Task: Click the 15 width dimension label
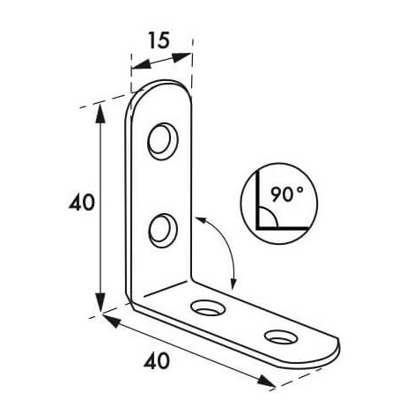(x=159, y=41)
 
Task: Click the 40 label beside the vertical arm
(x=82, y=203)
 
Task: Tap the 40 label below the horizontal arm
(x=157, y=361)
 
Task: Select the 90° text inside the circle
(x=287, y=194)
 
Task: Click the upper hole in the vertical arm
(x=163, y=142)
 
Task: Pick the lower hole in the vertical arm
(x=163, y=231)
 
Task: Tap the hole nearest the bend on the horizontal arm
(x=208, y=307)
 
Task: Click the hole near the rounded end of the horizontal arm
(x=281, y=336)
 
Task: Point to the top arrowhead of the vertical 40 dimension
(x=100, y=113)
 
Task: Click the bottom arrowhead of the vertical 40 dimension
(x=100, y=302)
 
